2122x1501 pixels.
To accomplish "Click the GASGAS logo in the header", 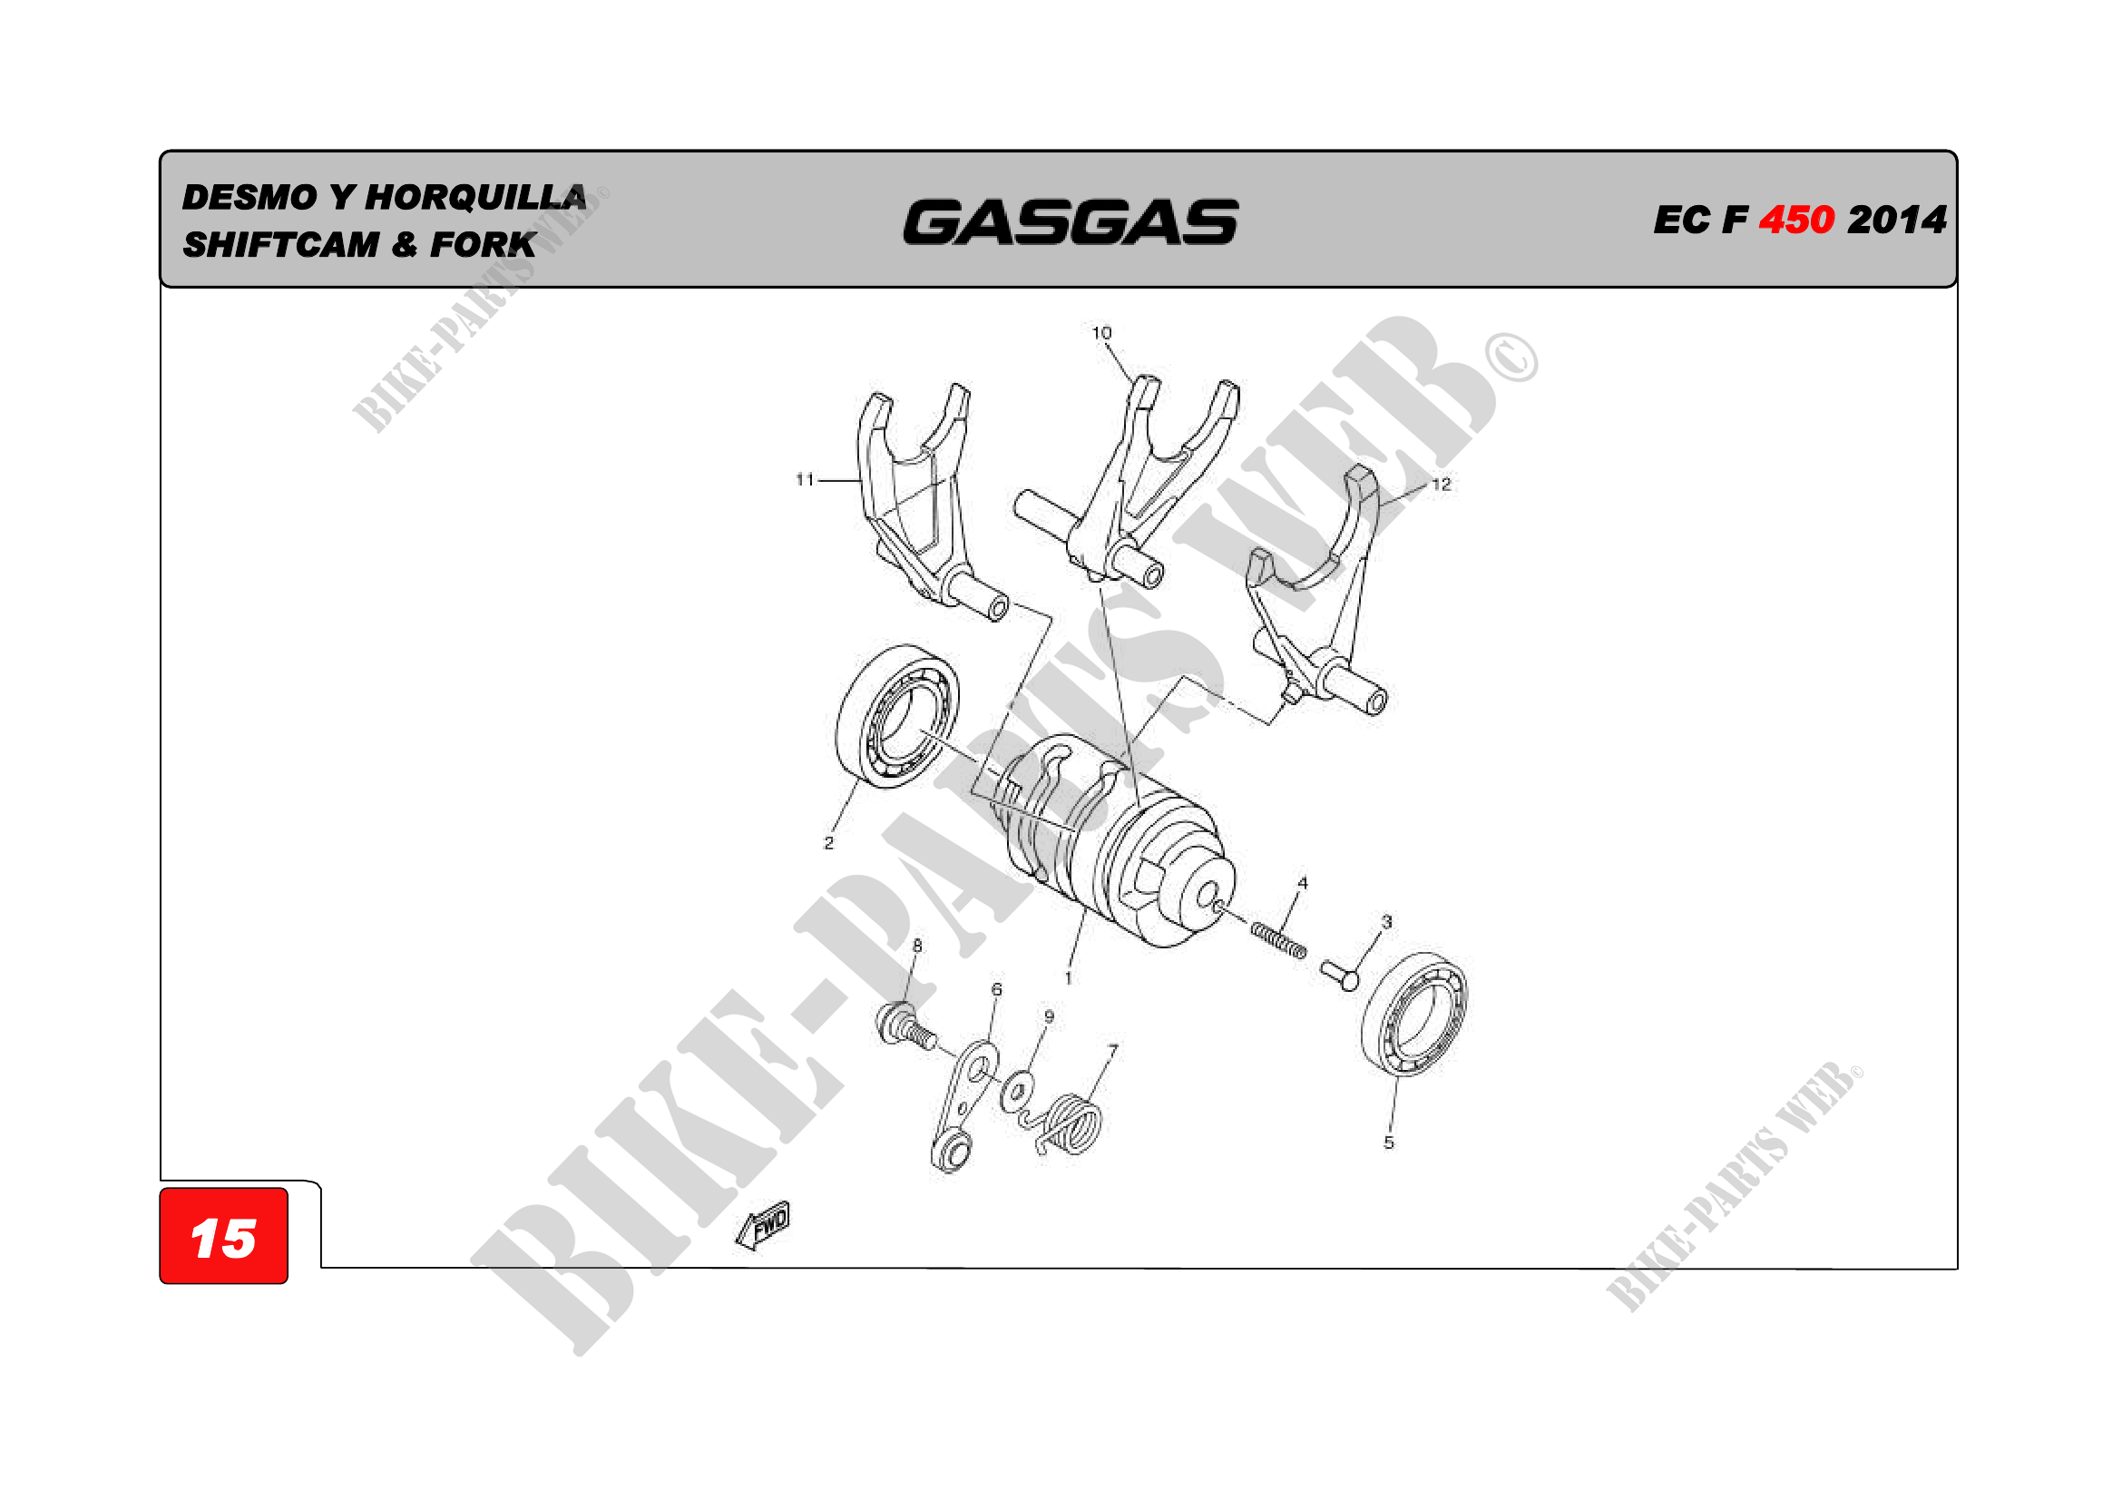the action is (x=1071, y=222).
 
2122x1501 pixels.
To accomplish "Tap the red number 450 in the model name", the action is (x=1796, y=220).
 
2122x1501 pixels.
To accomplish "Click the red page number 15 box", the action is (x=224, y=1236).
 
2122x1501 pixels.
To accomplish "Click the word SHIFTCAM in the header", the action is (x=281, y=245).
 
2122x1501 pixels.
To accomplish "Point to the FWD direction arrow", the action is (x=763, y=1225).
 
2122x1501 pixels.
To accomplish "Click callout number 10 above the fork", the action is (x=1101, y=333).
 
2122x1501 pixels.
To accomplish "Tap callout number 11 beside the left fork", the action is (x=805, y=479).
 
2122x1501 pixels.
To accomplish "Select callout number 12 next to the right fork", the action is (x=1441, y=485).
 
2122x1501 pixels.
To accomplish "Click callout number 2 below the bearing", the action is (x=829, y=843).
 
